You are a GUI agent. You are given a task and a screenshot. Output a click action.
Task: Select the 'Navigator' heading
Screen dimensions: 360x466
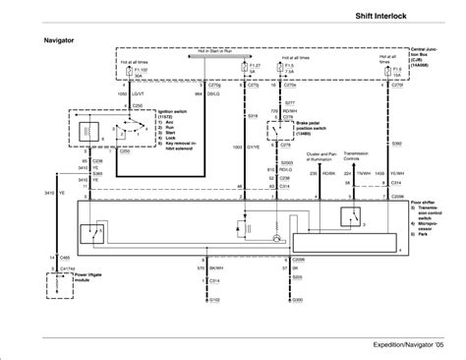tap(61, 41)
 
